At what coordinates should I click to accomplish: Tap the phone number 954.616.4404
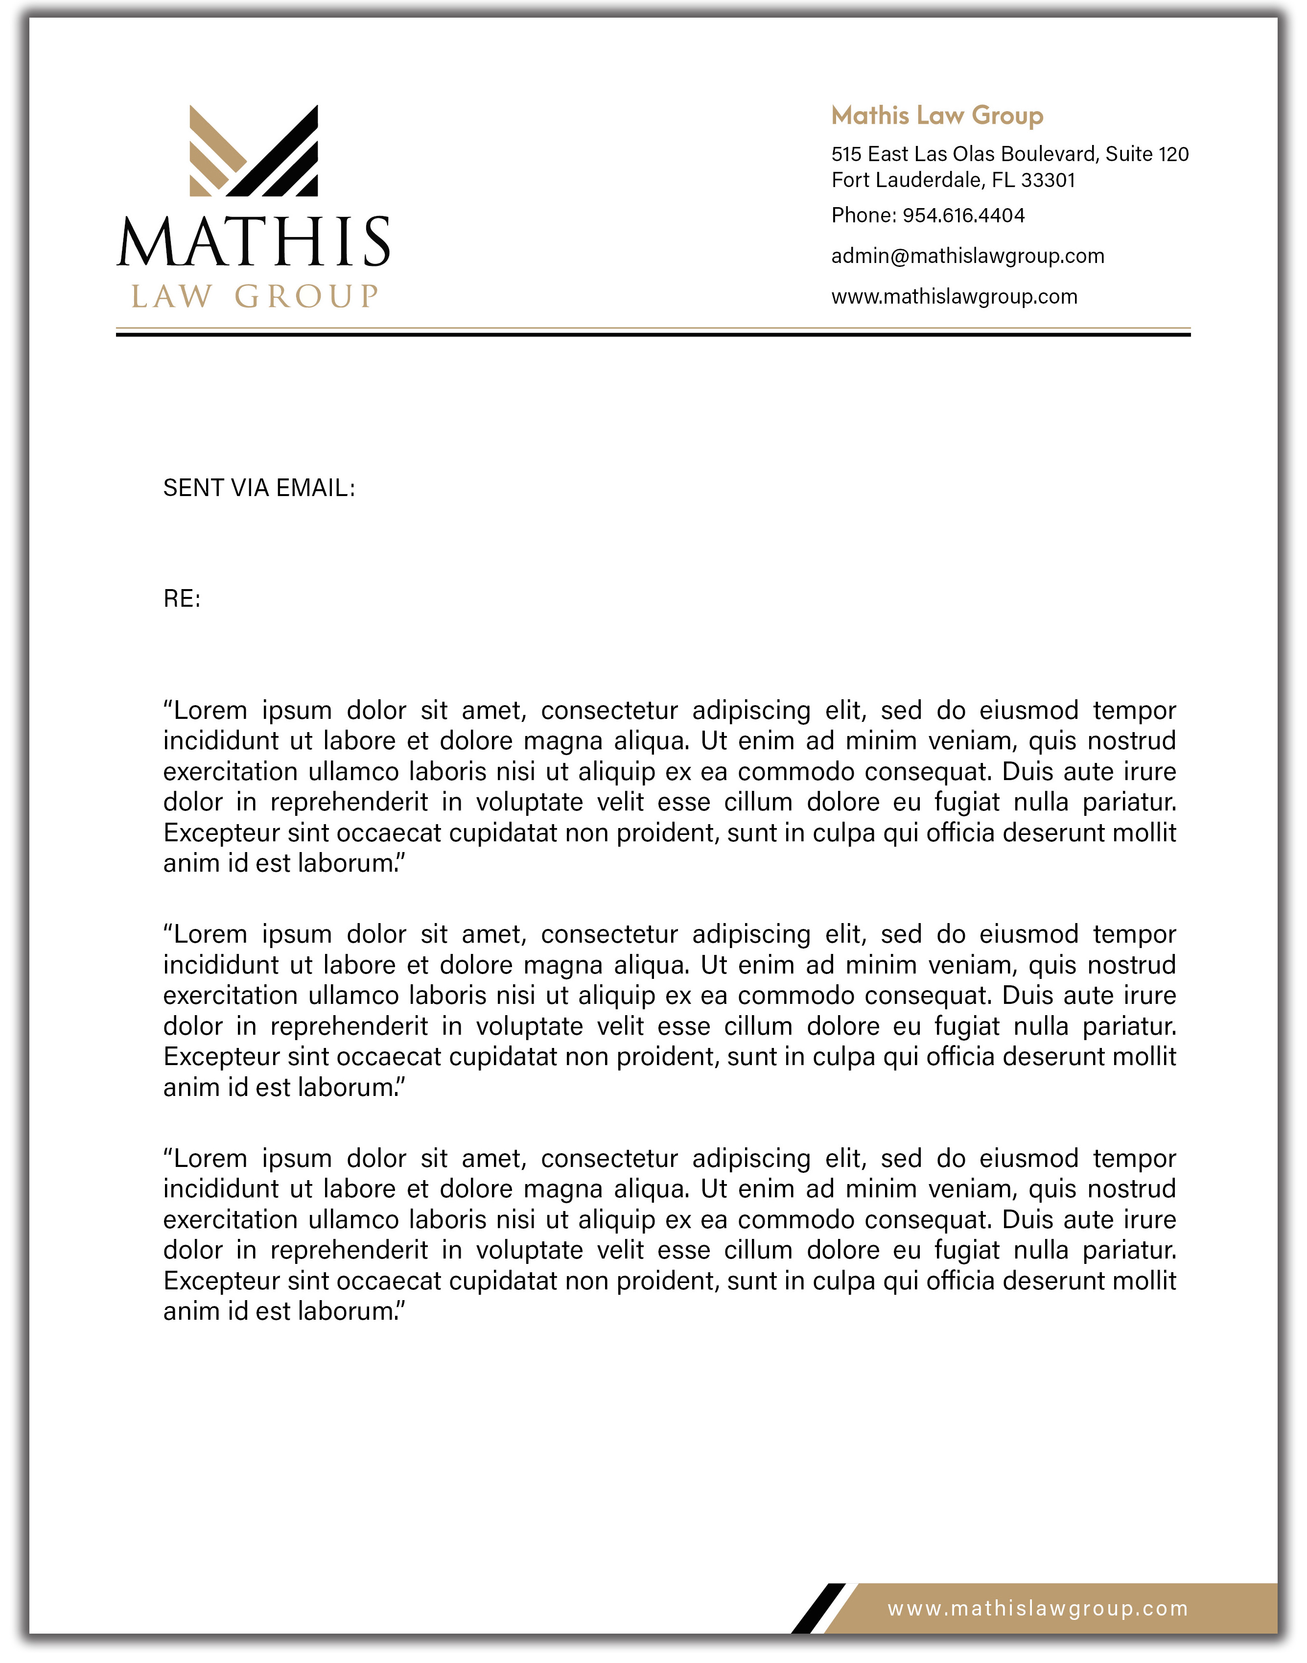coord(963,216)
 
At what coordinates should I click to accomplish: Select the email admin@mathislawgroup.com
coord(967,257)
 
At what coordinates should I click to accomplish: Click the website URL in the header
coord(954,297)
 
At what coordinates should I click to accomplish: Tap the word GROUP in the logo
coord(306,297)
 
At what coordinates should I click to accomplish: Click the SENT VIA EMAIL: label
coord(258,488)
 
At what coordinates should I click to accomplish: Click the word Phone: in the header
coord(863,216)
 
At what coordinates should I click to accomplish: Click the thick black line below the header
coord(653,334)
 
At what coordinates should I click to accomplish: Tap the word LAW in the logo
coord(171,297)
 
